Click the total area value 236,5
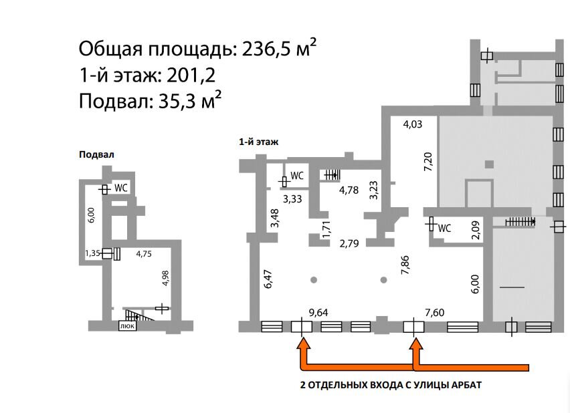(267, 48)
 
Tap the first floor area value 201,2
(191, 76)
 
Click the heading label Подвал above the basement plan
(97, 154)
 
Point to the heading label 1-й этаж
(258, 142)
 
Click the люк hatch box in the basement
(128, 326)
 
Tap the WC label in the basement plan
(121, 188)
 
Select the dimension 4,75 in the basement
(144, 253)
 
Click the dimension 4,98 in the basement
(165, 278)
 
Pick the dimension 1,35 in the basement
(92, 253)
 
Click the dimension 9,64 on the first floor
(318, 313)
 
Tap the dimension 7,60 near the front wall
(434, 312)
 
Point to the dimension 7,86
(405, 265)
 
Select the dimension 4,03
(413, 124)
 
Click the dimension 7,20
(429, 162)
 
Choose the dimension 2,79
(349, 243)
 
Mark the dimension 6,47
(268, 279)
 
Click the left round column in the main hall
(314, 280)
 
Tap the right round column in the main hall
(383, 280)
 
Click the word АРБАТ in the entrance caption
(466, 385)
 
